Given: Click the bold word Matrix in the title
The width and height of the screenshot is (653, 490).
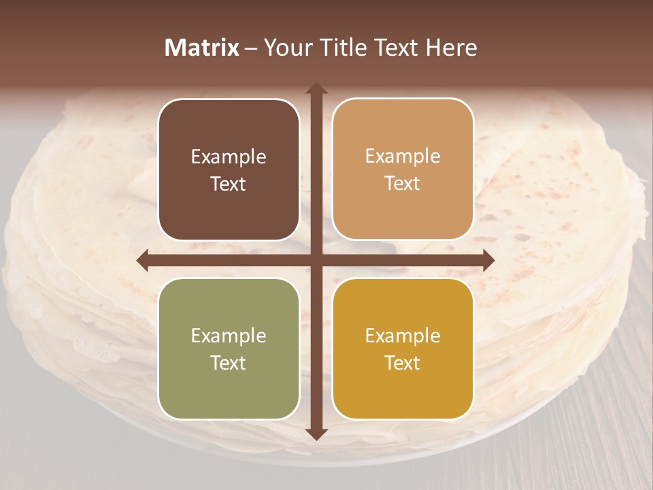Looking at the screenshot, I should pyautogui.click(x=202, y=48).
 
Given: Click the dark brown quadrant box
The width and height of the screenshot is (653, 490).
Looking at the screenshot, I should pyautogui.click(x=229, y=169).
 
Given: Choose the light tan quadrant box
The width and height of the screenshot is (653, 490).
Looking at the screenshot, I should pyautogui.click(x=403, y=169).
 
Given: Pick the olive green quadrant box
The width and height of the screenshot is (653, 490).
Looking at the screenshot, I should pyautogui.click(x=229, y=349).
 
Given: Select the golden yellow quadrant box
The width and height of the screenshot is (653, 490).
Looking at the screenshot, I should pyautogui.click(x=403, y=349).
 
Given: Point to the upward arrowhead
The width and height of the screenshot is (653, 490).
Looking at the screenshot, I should pyautogui.click(x=316, y=89).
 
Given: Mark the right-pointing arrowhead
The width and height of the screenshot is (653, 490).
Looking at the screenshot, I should pyautogui.click(x=488, y=261).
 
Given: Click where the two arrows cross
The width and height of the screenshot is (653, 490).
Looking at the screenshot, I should pyautogui.click(x=316, y=261).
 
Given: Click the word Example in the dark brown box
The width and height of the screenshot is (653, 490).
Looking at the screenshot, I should pyautogui.click(x=229, y=157).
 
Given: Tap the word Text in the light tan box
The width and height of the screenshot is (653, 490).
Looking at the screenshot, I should pyautogui.click(x=403, y=184).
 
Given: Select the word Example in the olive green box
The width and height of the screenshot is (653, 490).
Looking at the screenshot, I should pyautogui.click(x=229, y=336).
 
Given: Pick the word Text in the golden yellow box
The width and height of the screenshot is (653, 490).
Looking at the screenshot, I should pyautogui.click(x=403, y=363).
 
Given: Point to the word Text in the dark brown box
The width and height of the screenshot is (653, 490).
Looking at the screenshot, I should pyautogui.click(x=229, y=184).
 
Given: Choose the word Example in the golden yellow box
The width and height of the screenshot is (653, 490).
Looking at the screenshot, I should pyautogui.click(x=403, y=336).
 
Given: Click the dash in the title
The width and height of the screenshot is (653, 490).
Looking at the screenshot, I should pyautogui.click(x=251, y=48).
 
